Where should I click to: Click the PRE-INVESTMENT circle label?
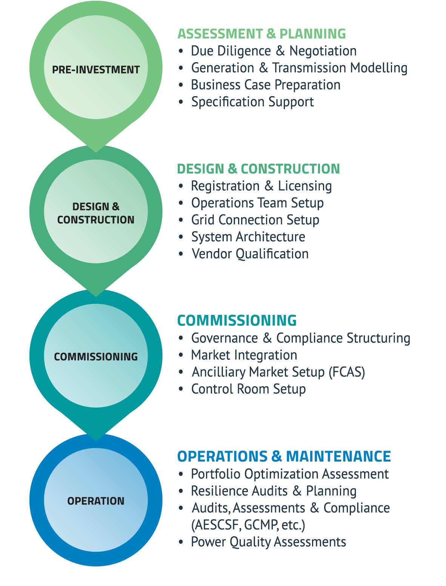click(x=96, y=70)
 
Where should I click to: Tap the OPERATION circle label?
click(x=96, y=501)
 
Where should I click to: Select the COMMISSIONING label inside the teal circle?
click(x=96, y=357)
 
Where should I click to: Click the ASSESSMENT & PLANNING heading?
click(x=261, y=34)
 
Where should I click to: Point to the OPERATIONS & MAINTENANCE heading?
click(x=284, y=456)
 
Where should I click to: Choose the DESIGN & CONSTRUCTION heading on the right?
click(x=258, y=169)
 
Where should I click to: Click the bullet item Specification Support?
click(x=252, y=102)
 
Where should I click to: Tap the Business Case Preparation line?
click(x=266, y=85)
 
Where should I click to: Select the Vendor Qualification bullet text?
click(x=250, y=254)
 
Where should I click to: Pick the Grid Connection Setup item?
click(x=255, y=220)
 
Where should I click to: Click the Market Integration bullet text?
click(x=244, y=355)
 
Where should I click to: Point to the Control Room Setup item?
click(x=248, y=389)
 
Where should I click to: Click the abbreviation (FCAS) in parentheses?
click(x=347, y=372)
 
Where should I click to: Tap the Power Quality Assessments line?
click(x=268, y=542)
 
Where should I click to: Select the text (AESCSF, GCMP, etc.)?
click(x=248, y=525)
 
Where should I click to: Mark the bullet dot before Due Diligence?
click(x=181, y=51)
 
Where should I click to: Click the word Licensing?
click(x=305, y=186)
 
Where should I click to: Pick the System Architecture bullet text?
click(x=248, y=237)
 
